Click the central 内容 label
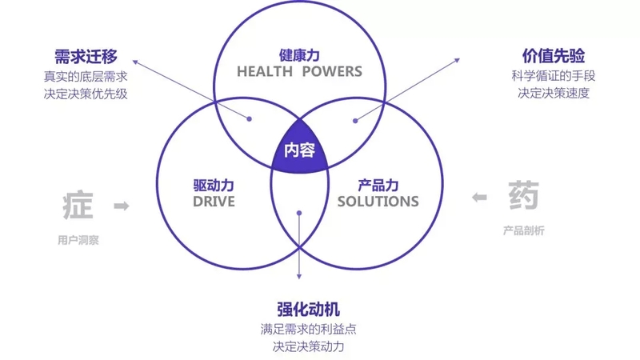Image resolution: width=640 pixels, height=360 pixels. (x=299, y=150)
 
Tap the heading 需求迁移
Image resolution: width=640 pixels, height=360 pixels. (x=86, y=56)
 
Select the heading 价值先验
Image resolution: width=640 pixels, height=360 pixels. (x=553, y=56)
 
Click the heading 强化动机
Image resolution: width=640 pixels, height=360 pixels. (x=308, y=309)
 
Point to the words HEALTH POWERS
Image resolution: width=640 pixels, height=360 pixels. (x=299, y=71)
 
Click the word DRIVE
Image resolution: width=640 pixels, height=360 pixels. (x=214, y=202)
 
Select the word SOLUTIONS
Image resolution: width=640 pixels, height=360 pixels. (x=378, y=202)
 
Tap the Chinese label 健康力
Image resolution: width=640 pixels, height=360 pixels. (x=299, y=55)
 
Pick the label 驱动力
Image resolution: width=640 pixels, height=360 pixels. (x=214, y=186)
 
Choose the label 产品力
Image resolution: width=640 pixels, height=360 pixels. (x=378, y=186)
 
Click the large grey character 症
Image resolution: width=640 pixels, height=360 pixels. (x=78, y=205)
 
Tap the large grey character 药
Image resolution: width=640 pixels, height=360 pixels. (x=524, y=195)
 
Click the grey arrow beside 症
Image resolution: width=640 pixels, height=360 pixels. (x=122, y=206)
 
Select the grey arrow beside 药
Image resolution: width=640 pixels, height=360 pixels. (x=479, y=198)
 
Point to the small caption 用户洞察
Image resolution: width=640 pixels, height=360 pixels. (x=78, y=240)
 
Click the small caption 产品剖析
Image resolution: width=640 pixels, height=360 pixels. (x=524, y=230)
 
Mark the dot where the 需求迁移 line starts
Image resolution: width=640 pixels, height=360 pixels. (x=250, y=118)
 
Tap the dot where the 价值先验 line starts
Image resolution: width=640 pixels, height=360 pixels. (x=355, y=121)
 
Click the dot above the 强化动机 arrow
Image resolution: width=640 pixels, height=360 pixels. (x=299, y=213)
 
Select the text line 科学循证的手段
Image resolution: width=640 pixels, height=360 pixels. (x=554, y=75)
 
